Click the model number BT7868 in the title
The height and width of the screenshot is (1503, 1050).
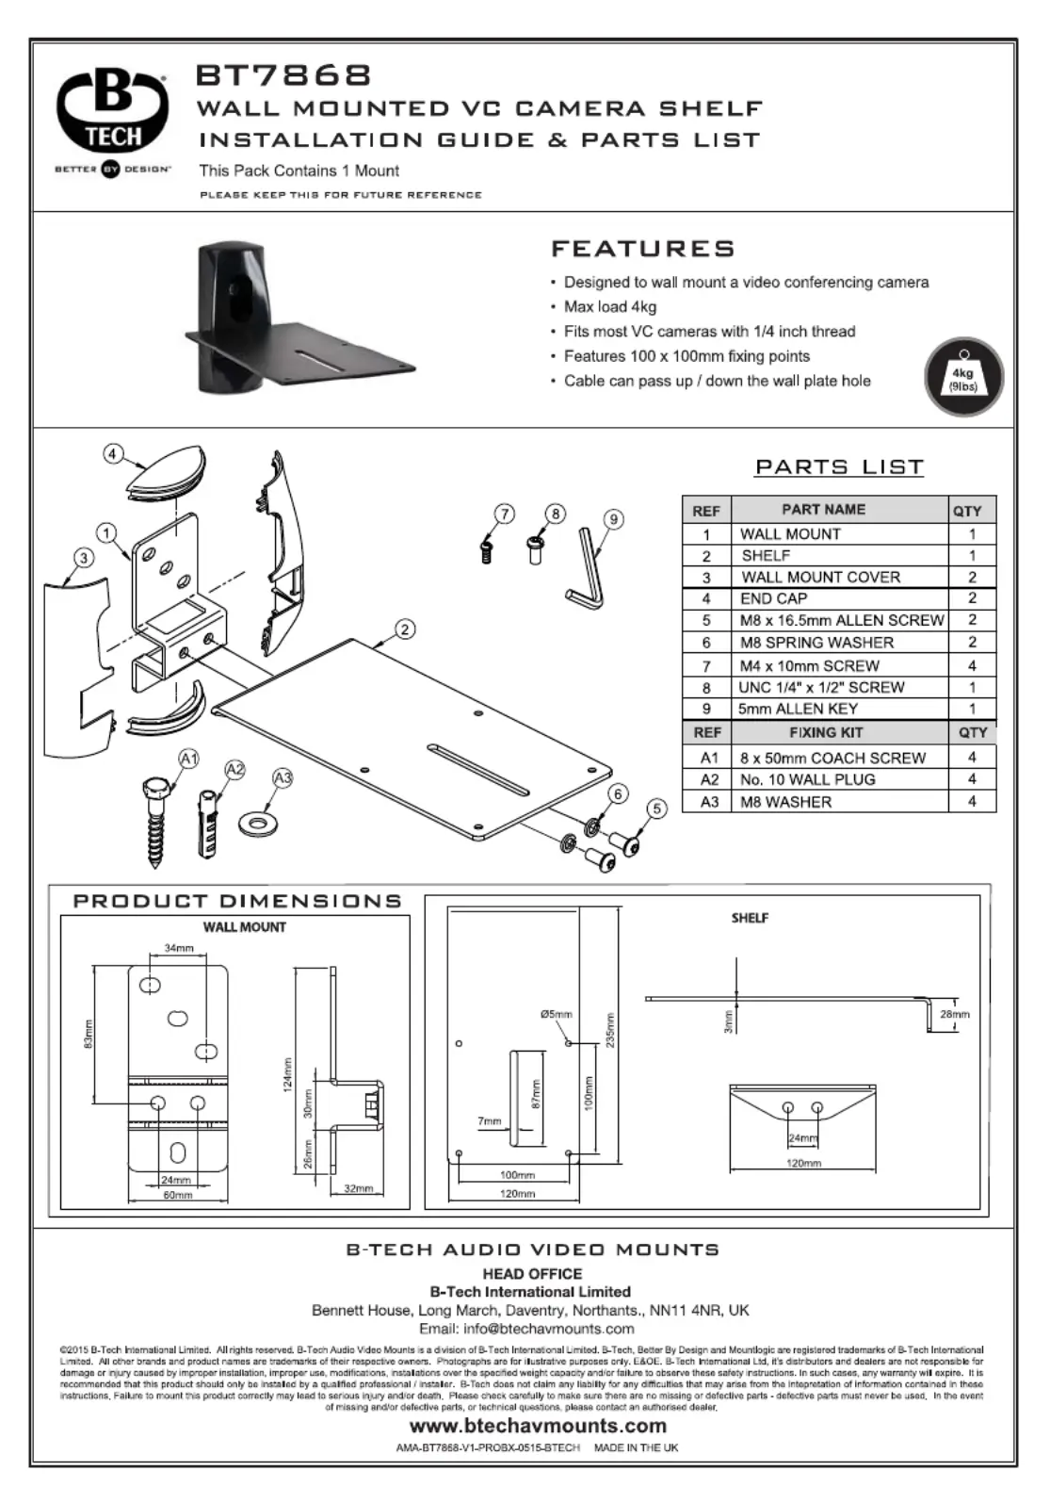click(283, 75)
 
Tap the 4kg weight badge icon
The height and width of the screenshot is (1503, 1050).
click(962, 377)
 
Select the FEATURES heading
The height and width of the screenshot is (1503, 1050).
click(642, 249)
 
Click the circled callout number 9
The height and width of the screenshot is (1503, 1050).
click(613, 519)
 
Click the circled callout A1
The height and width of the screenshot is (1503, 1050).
click(189, 760)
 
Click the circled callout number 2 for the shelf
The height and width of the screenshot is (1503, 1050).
click(405, 629)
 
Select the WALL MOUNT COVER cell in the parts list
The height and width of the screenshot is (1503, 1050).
click(820, 577)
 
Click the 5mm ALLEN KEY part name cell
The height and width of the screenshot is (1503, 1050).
click(798, 709)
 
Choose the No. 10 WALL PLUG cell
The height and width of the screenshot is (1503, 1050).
click(808, 779)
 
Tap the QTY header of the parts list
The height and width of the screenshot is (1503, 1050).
click(967, 511)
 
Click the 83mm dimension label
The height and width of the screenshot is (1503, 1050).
click(89, 1034)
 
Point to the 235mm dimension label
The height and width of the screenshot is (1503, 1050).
click(610, 1031)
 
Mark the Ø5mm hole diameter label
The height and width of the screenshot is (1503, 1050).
click(556, 1015)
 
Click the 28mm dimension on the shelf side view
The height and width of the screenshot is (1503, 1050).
click(954, 1014)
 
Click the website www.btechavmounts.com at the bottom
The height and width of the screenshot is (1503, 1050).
click(538, 1426)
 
